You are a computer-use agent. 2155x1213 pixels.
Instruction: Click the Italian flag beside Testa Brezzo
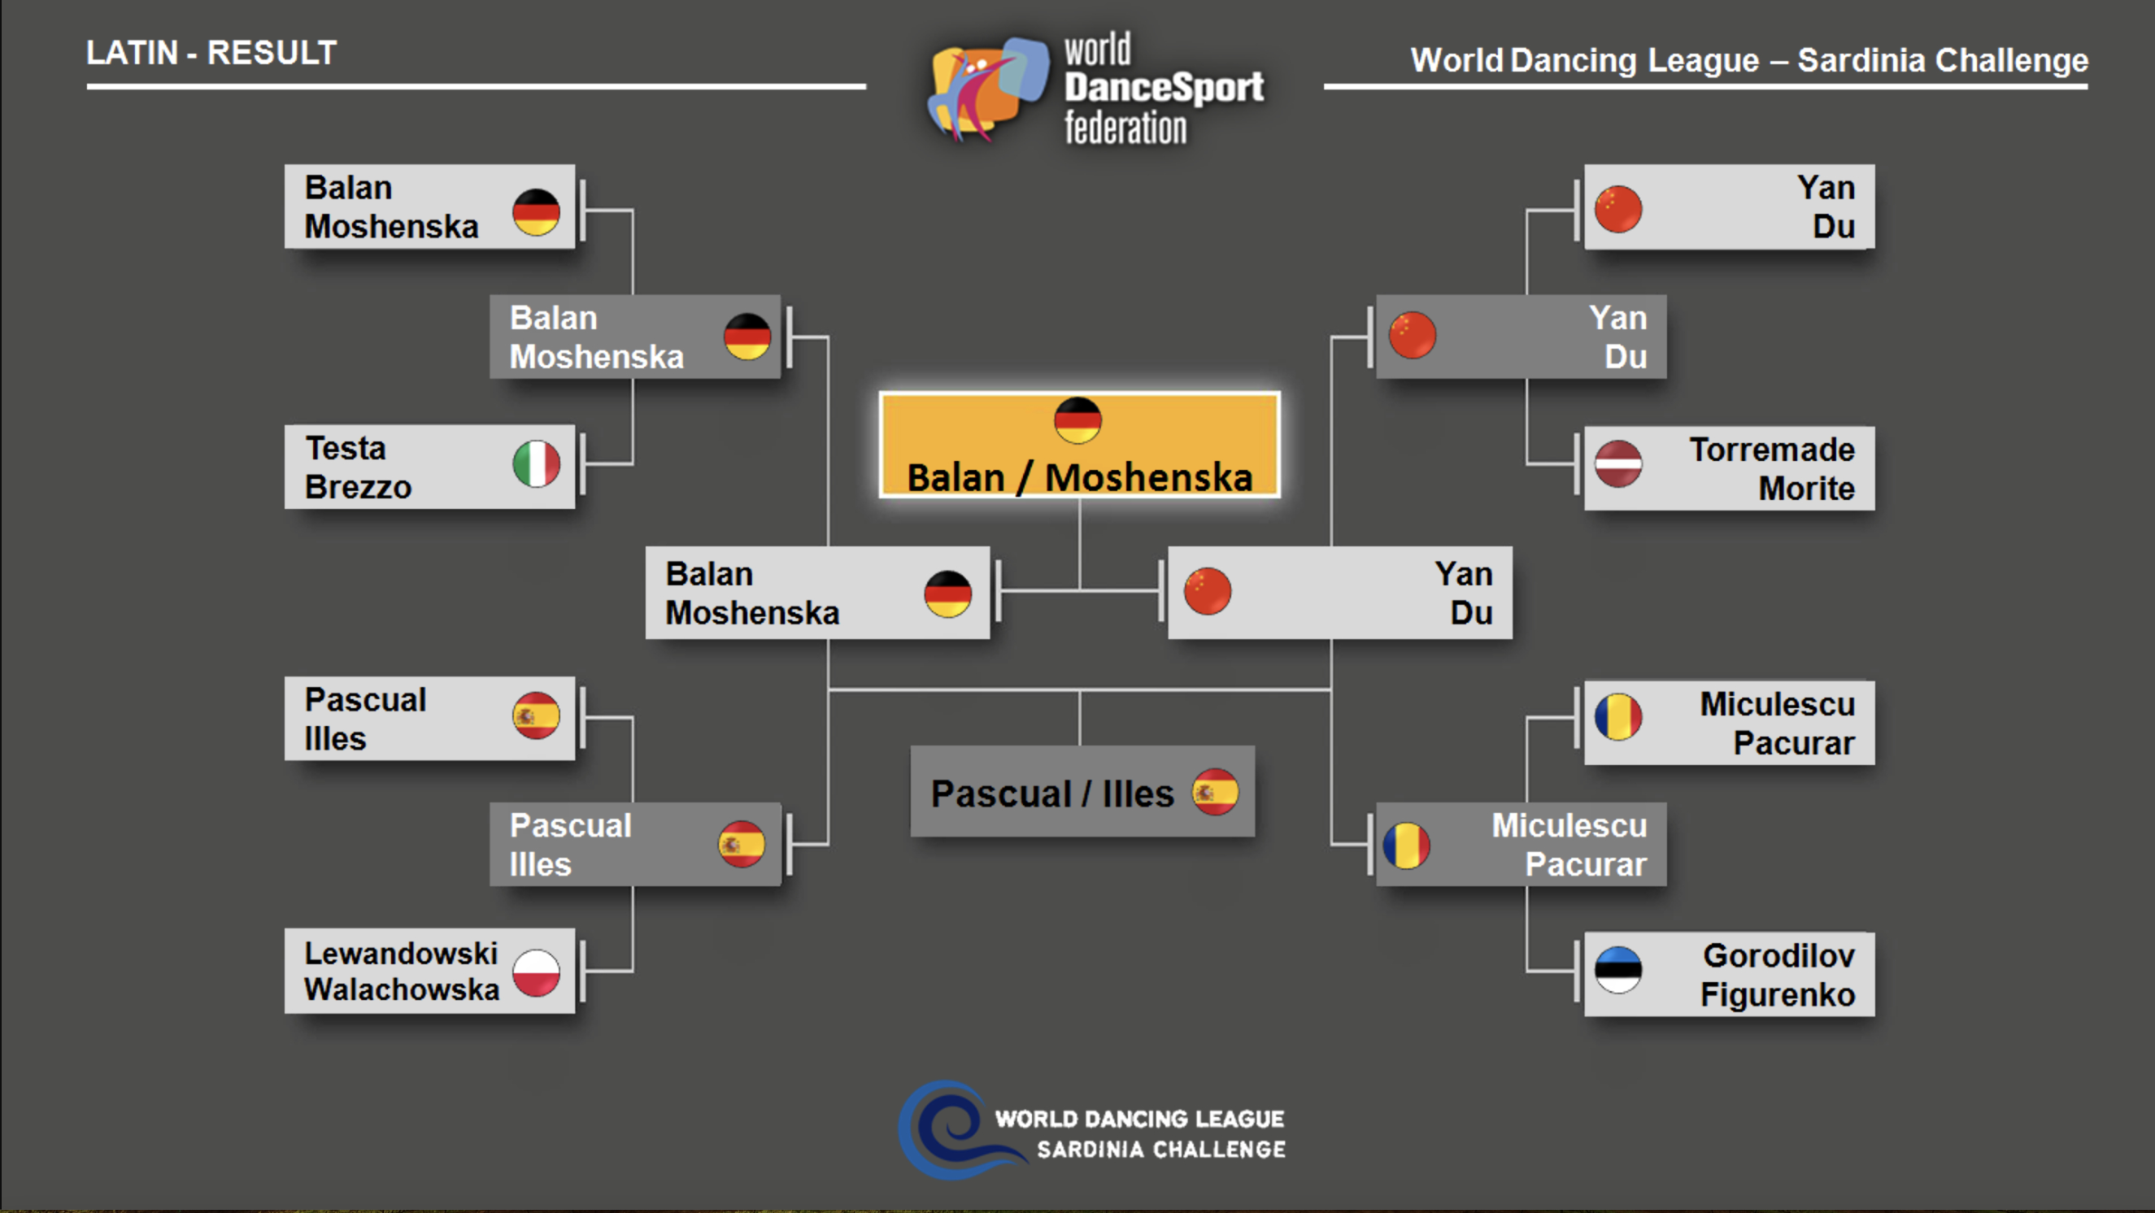pos(536,464)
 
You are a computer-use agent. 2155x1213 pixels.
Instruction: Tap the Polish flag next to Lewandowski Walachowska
pos(536,973)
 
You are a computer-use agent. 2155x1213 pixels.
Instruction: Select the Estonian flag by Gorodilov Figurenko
pos(1618,971)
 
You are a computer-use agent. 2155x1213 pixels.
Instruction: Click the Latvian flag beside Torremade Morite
pos(1618,463)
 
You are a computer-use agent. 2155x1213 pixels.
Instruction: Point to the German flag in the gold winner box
pos(1077,420)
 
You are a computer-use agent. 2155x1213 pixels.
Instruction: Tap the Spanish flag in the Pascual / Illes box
pos(1216,791)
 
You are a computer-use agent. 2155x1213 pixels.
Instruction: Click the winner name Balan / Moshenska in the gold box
pos(1079,478)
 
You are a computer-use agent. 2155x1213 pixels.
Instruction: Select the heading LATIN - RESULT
pos(211,53)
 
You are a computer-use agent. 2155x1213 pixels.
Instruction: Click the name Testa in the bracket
pos(346,449)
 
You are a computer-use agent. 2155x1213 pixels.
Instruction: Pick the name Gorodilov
pos(1778,955)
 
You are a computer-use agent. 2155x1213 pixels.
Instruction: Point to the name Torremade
pos(1772,450)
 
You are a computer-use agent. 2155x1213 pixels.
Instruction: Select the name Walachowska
pos(402,989)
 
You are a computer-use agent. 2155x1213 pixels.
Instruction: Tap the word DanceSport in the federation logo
pos(1164,88)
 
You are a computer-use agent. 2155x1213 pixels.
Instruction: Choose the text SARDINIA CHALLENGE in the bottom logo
pos(1161,1150)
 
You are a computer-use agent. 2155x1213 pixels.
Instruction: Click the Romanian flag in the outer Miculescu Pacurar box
pos(1618,717)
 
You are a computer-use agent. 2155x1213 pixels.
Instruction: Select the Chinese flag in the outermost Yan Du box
pos(1618,208)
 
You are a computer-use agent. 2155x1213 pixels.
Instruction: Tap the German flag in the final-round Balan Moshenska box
pos(948,594)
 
